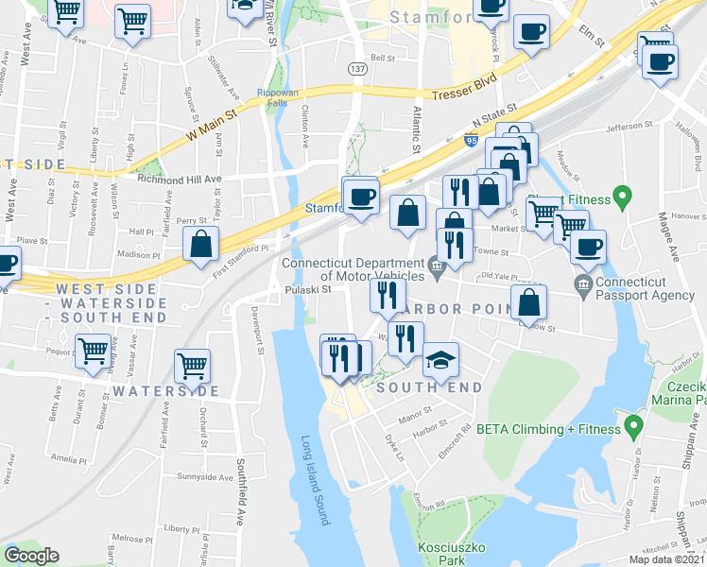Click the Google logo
click(x=31, y=556)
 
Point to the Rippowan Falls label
click(x=278, y=98)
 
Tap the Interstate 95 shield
click(x=471, y=141)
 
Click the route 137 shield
click(x=357, y=70)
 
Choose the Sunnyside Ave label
click(x=205, y=477)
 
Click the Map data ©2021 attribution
click(x=667, y=559)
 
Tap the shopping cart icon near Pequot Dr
click(x=94, y=352)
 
